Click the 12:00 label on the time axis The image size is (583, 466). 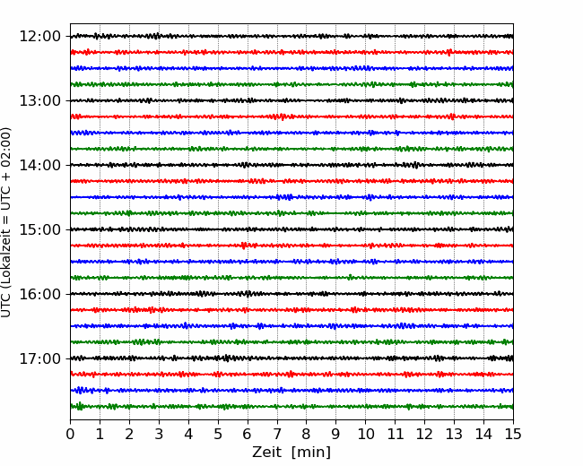(x=39, y=37)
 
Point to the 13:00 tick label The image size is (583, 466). (x=39, y=100)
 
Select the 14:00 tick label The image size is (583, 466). (x=39, y=165)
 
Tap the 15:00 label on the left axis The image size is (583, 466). (x=39, y=229)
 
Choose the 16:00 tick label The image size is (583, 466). (x=39, y=294)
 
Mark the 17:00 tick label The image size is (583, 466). (x=39, y=358)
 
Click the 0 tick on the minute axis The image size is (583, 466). (x=70, y=434)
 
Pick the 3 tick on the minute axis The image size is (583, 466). (x=159, y=434)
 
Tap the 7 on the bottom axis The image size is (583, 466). (x=277, y=434)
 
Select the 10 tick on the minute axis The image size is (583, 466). (x=365, y=434)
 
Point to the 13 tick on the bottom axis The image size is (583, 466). (x=454, y=434)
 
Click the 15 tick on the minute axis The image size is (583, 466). (x=513, y=434)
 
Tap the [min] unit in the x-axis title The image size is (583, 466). (x=311, y=453)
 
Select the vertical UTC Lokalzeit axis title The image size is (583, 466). (x=6, y=222)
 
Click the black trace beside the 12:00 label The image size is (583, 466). (x=291, y=36)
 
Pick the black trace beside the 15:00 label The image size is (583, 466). (x=291, y=229)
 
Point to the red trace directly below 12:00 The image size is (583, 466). (x=291, y=52)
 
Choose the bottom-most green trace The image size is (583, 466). (x=291, y=407)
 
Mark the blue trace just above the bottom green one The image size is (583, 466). (x=291, y=390)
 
